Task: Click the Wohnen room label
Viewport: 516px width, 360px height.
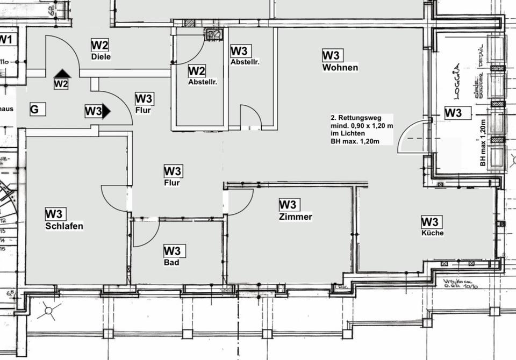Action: pos(340,68)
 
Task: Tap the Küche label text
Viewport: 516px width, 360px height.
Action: pos(432,233)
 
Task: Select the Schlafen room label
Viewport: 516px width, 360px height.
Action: pos(64,226)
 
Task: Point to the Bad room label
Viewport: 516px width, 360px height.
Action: pos(171,263)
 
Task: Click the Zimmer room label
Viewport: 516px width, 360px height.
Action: pos(296,217)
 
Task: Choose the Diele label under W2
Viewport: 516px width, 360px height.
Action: pos(101,56)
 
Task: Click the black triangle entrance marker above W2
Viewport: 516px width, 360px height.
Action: pos(62,74)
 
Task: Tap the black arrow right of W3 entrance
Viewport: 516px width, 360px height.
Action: pos(106,111)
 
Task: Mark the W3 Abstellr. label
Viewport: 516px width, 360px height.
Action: pos(245,62)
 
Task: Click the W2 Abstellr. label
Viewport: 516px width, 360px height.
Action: pos(202,82)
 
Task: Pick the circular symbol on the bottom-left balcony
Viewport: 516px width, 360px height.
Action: pos(49,310)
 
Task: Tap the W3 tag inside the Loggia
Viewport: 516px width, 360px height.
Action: pos(453,113)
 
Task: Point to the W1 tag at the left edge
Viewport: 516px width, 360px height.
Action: pos(5,39)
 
